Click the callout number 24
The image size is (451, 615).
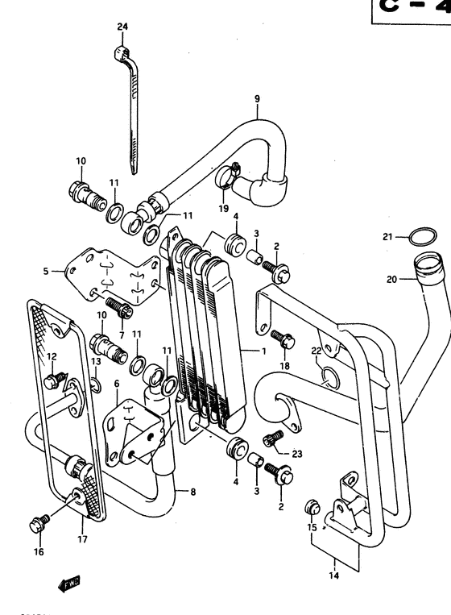[x=122, y=27]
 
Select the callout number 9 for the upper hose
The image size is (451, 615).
[x=257, y=99]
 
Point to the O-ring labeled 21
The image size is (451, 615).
[x=416, y=237]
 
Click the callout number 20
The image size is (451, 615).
[x=391, y=280]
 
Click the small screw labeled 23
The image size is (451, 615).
[x=271, y=439]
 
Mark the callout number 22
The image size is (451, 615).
[x=316, y=350]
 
